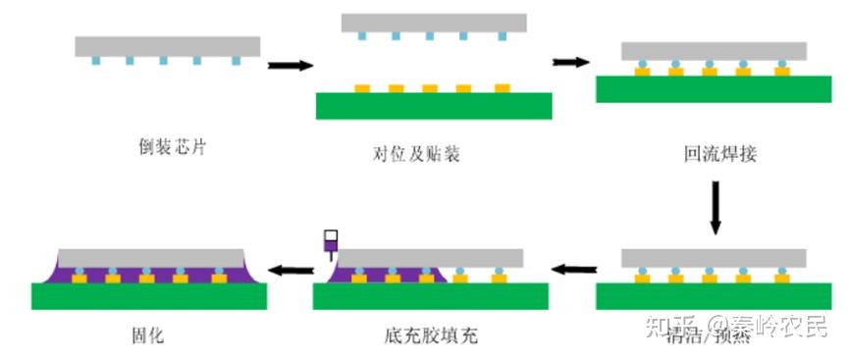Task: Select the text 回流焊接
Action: pos(719,154)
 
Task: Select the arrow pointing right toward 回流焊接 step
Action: pos(570,62)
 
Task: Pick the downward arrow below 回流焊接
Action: pos(716,209)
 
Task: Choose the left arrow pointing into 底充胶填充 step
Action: pos(572,267)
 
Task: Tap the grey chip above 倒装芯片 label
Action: pos(168,46)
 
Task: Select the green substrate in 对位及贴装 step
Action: pos(433,106)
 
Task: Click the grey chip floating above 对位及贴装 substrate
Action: pos(434,23)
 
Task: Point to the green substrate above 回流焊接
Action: pos(714,89)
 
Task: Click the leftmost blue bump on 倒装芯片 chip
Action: pos(97,61)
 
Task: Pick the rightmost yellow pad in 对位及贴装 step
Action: pos(503,88)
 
